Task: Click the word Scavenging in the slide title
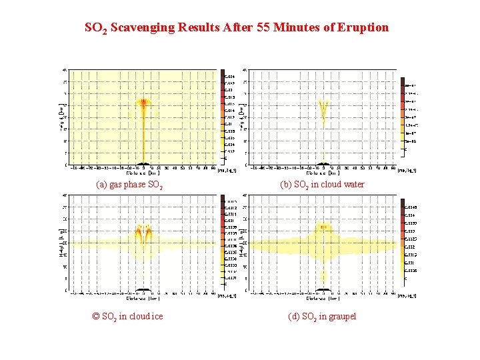[145, 28]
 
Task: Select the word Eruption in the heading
[363, 28]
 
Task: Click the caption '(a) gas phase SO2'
[129, 185]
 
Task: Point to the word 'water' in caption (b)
[351, 185]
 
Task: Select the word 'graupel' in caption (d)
[342, 316]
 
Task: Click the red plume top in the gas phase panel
[143, 103]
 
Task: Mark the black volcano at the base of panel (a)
[143, 163]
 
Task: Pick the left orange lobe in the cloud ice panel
[138, 233]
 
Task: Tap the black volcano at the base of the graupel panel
[323, 289]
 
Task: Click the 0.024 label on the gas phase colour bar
[229, 77]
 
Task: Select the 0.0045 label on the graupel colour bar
[411, 207]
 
